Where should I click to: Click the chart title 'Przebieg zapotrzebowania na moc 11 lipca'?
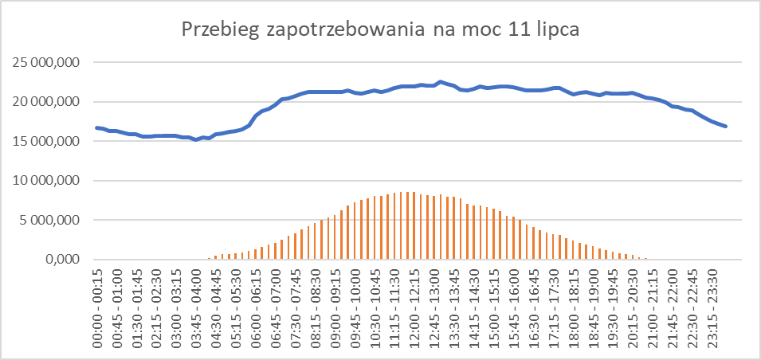(x=380, y=30)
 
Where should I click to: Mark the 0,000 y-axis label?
(x=63, y=260)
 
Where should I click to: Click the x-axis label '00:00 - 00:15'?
(x=98, y=307)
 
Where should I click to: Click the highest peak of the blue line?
(x=441, y=81)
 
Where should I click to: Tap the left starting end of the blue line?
(x=96, y=127)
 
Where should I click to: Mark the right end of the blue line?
(x=725, y=126)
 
